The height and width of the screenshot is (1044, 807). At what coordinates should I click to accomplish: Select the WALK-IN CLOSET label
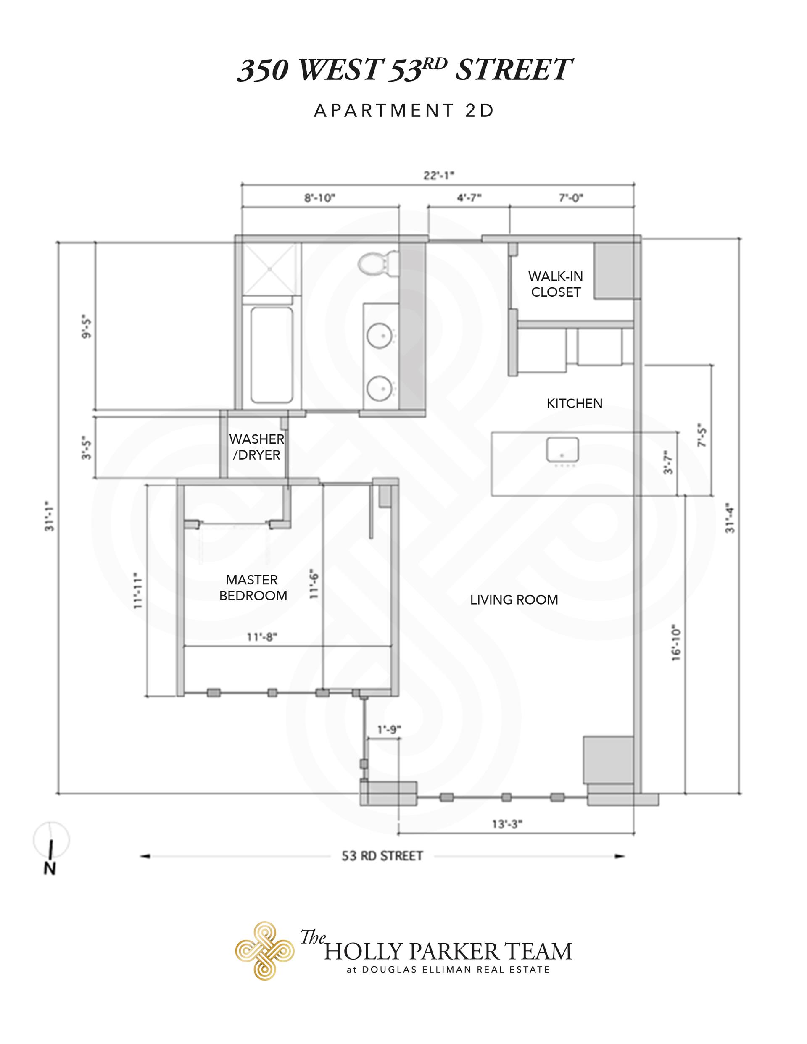click(x=555, y=284)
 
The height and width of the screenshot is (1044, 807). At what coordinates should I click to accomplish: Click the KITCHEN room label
click(x=575, y=403)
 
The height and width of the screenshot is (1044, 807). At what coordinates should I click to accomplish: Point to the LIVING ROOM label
click(x=514, y=600)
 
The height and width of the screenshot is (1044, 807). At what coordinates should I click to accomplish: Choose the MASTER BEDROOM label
click(x=253, y=587)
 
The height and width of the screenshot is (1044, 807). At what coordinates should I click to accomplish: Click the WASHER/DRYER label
click(x=256, y=447)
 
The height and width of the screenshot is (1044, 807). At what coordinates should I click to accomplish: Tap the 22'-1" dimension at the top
click(x=439, y=176)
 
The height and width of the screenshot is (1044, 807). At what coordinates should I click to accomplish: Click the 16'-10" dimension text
click(x=676, y=642)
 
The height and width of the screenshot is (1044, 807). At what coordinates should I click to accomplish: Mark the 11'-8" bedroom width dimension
click(x=262, y=637)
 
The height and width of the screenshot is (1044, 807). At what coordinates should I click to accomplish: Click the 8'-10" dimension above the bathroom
click(x=320, y=198)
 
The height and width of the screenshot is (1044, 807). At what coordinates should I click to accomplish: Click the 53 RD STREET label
click(x=382, y=856)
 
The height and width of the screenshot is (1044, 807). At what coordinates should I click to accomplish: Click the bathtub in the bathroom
click(x=272, y=354)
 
